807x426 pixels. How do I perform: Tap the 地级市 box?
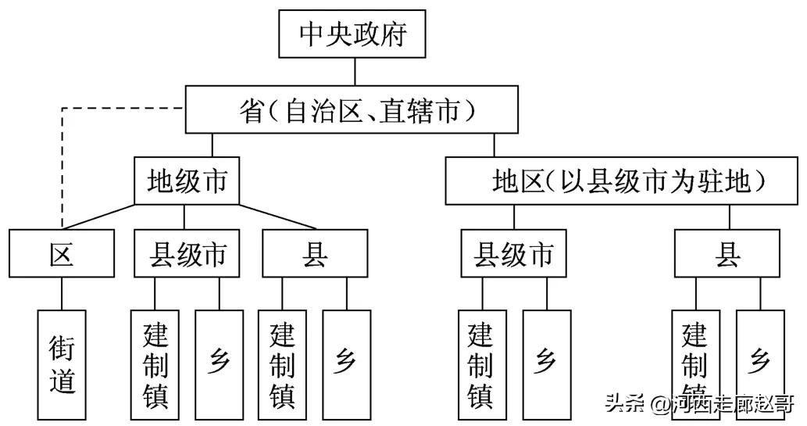pyautogui.click(x=186, y=181)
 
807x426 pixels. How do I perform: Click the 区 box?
pyautogui.click(x=62, y=254)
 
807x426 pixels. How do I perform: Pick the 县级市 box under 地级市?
pyautogui.click(x=186, y=254)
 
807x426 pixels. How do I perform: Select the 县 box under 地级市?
pyautogui.click(x=314, y=254)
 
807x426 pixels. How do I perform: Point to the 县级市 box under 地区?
pyautogui.click(x=513, y=254)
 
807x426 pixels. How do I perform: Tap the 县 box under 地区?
pyautogui.click(x=727, y=254)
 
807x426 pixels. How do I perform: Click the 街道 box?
pyautogui.click(x=62, y=363)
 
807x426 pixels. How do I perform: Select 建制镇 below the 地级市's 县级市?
pyautogui.click(x=155, y=363)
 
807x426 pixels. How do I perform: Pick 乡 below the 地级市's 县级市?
pyautogui.click(x=219, y=363)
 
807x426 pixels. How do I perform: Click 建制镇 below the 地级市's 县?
pyautogui.click(x=282, y=363)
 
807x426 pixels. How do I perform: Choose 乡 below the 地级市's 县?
pyautogui.click(x=346, y=363)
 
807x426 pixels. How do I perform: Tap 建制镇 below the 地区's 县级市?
pyautogui.click(x=481, y=363)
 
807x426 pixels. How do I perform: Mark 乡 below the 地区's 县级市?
pyautogui.click(x=546, y=363)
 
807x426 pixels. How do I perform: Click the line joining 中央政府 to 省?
pyautogui.click(x=355, y=72)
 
